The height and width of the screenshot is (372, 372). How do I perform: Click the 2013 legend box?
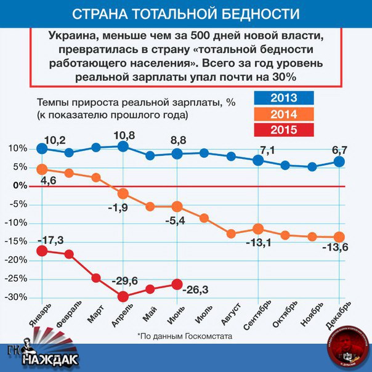click(x=283, y=98)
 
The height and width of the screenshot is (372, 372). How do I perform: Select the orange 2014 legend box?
click(x=283, y=114)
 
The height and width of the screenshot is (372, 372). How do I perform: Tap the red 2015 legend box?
click(x=283, y=130)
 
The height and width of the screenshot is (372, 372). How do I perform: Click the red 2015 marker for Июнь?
click(x=177, y=285)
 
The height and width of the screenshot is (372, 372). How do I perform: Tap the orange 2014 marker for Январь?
click(x=42, y=169)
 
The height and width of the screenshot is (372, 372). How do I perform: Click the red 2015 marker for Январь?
click(x=42, y=251)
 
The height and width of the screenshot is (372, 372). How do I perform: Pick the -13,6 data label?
click(x=336, y=248)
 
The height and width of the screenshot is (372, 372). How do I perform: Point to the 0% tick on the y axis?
click(x=20, y=185)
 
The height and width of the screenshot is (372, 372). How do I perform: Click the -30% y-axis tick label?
click(x=17, y=297)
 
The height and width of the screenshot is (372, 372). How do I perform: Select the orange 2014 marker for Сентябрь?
click(x=258, y=229)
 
